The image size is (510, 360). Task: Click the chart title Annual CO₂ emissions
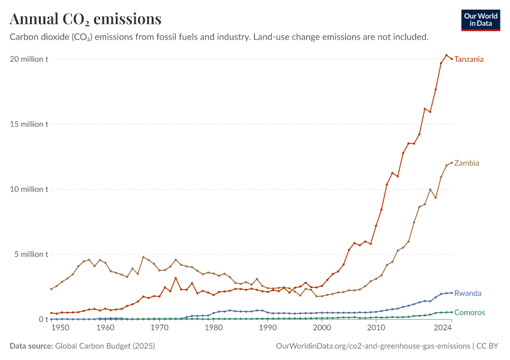pos(86,19)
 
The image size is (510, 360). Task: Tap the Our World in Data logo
pos(481,20)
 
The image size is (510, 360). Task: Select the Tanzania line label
pos(469,59)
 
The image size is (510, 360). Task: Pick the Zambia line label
pos(466,163)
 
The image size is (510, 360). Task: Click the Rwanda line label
pos(468,293)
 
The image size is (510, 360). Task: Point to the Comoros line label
pos(470,313)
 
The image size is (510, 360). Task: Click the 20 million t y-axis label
pos(29,59)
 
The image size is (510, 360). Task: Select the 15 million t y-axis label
pos(29,124)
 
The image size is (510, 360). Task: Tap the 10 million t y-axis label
pos(29,189)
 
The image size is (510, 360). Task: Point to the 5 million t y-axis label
pos(31,254)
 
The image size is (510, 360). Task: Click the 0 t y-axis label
pos(43,319)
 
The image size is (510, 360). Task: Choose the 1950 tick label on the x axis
pos(61,328)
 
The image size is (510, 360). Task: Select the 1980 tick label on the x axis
pos(214,328)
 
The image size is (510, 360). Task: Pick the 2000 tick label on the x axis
pos(322,328)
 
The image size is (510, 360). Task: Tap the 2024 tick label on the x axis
pos(443,328)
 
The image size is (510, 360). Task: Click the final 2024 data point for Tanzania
pos(452,59)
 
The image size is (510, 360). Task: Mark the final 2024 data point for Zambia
pos(452,163)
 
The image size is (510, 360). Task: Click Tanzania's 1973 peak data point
pos(176,278)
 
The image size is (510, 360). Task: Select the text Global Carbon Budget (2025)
pos(105,346)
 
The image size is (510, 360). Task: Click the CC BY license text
pos(487,346)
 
